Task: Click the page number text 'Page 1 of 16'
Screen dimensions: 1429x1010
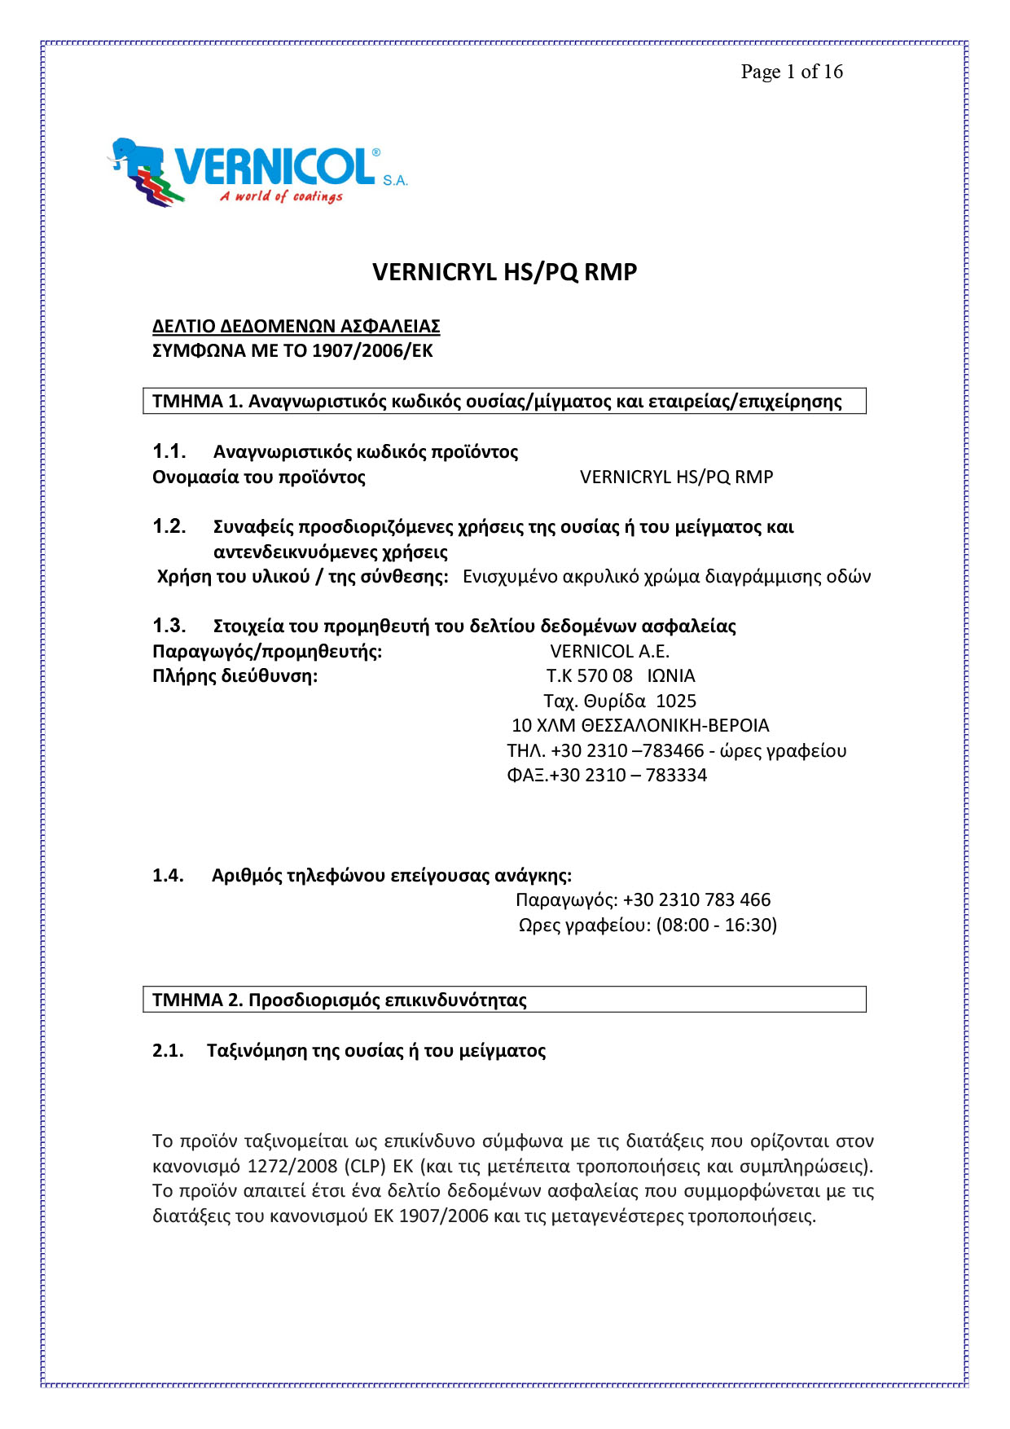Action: tap(791, 72)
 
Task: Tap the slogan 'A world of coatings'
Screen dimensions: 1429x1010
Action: tap(281, 196)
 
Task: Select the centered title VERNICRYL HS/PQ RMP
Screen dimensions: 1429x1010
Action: tap(504, 272)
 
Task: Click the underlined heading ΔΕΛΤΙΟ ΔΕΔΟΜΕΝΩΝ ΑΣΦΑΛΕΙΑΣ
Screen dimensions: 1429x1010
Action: tap(296, 327)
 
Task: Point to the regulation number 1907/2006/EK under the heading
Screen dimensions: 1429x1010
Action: tap(372, 351)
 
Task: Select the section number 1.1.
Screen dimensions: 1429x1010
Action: tap(169, 451)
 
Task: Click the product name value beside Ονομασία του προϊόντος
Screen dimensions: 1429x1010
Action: tap(676, 477)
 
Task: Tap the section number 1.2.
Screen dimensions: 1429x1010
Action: tap(169, 526)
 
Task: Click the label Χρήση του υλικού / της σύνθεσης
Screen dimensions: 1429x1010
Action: tap(302, 577)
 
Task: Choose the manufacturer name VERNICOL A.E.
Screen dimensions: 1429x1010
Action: tap(609, 651)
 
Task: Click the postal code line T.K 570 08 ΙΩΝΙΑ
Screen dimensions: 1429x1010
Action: tap(620, 676)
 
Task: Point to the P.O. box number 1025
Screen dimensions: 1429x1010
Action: tap(676, 701)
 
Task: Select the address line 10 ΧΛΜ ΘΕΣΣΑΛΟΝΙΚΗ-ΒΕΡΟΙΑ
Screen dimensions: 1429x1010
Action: tap(640, 725)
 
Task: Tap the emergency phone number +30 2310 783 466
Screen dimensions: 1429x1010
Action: tap(696, 899)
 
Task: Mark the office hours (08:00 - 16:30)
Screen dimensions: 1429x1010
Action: tap(716, 925)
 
